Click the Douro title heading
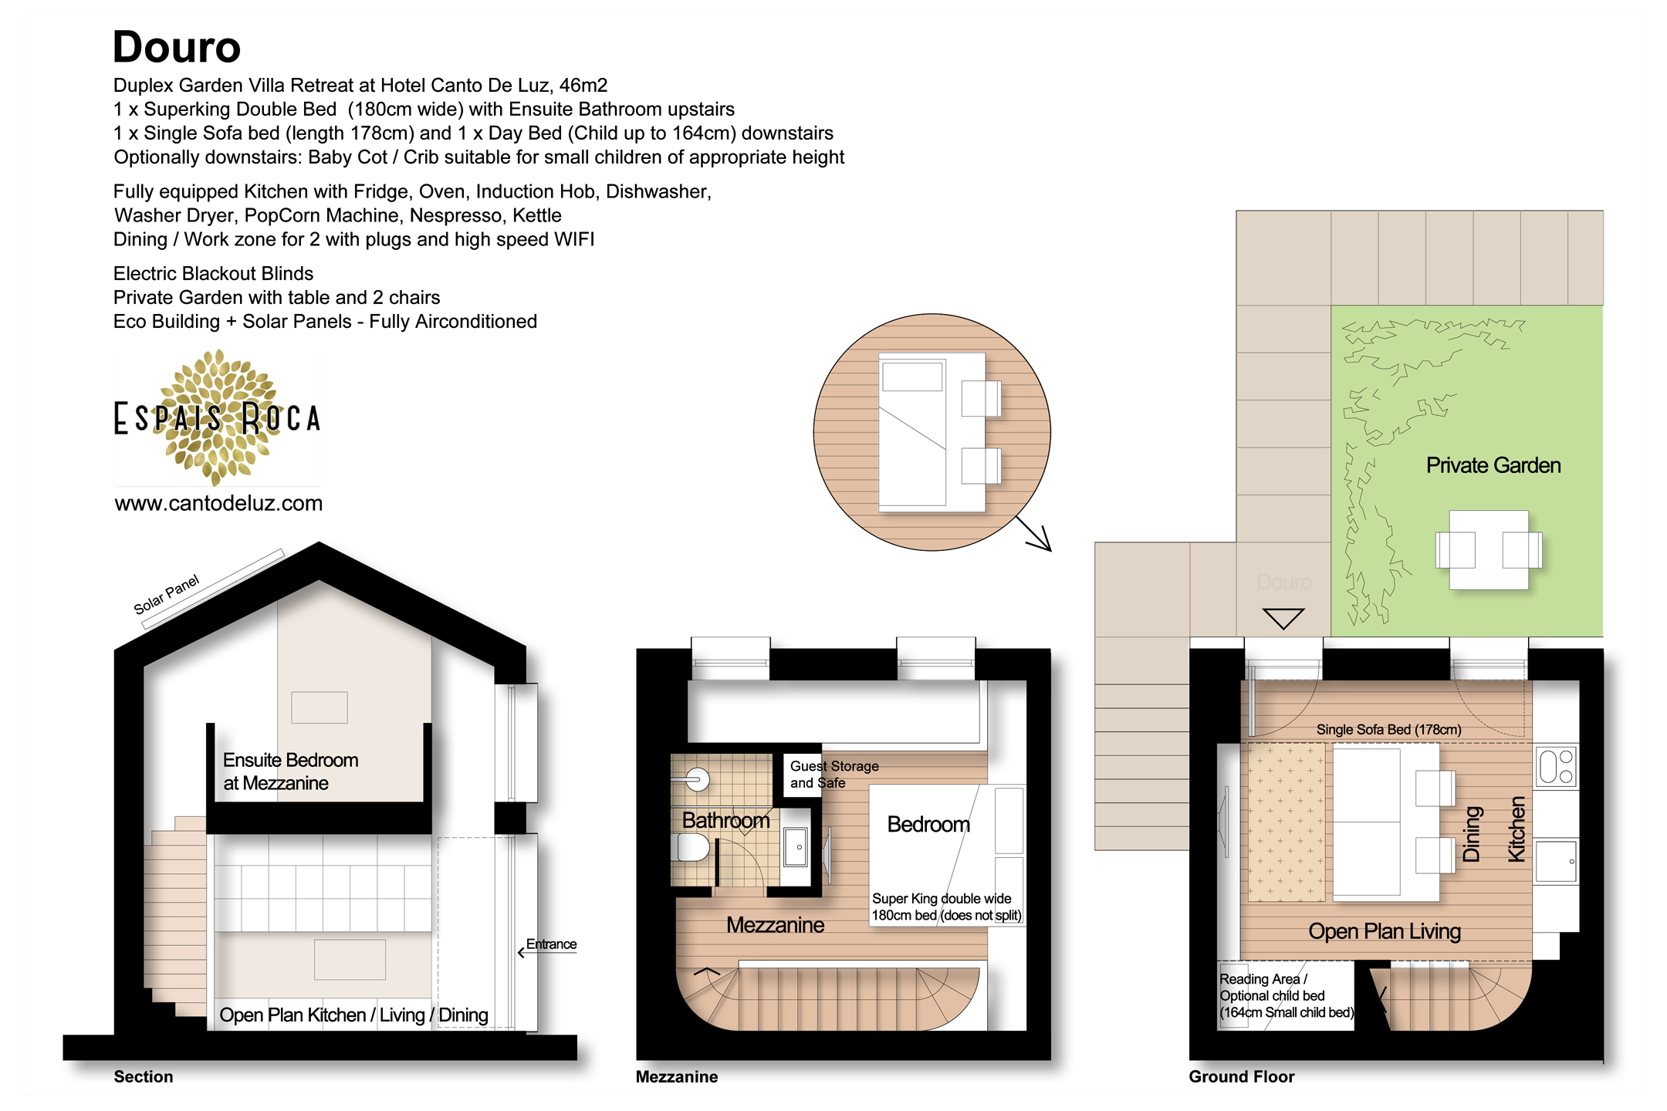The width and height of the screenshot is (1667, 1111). (x=177, y=47)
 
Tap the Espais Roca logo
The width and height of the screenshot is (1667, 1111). (x=217, y=417)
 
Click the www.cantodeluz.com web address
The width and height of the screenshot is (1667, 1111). (x=218, y=503)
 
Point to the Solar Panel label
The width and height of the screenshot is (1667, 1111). (x=166, y=594)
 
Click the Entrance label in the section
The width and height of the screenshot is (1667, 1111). (x=551, y=944)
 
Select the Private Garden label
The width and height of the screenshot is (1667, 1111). (x=1493, y=465)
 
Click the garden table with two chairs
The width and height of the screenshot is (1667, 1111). (x=1489, y=550)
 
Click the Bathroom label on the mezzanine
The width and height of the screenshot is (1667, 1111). (x=725, y=820)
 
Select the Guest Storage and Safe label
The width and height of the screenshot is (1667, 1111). (x=834, y=774)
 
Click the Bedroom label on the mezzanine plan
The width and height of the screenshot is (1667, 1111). (x=928, y=824)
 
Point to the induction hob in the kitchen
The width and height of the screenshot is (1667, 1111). (x=1556, y=767)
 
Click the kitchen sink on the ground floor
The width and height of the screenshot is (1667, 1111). (x=1556, y=861)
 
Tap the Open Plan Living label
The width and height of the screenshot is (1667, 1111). (x=1385, y=931)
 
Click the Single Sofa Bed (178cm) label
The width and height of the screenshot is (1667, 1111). (x=1388, y=729)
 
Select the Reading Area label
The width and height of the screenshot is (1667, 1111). (x=1263, y=978)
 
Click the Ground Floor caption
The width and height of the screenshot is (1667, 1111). (x=1241, y=1076)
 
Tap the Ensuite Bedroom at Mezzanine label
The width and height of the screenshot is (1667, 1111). (x=290, y=772)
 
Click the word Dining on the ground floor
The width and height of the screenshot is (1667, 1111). (x=1472, y=834)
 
